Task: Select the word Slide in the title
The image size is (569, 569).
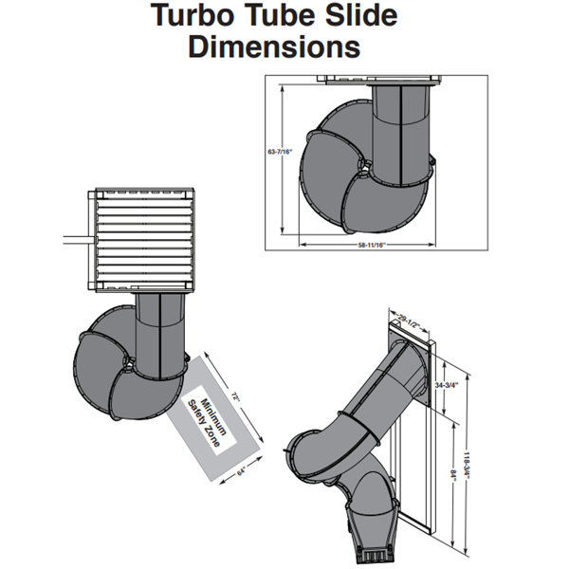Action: pos(361,15)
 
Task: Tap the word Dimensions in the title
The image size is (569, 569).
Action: pos(274,46)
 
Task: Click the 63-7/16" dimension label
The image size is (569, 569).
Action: pos(280,152)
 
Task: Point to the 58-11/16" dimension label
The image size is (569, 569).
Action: pos(371,245)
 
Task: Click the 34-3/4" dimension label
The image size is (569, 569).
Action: pos(447,385)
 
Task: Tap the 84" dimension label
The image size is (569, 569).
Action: pos(453,476)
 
